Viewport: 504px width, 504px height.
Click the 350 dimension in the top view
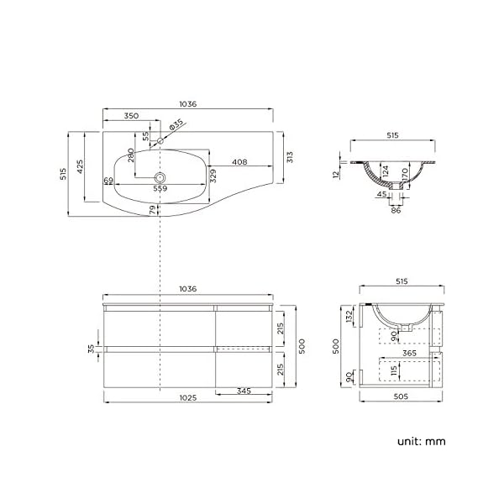point(131,117)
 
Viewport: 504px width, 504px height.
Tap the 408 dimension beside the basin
point(239,162)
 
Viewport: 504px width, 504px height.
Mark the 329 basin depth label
point(213,174)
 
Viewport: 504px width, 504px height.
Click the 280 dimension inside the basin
point(131,157)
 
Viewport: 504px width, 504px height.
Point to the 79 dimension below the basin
point(153,210)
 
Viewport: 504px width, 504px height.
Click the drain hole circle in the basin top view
point(159,177)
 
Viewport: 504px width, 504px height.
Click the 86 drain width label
point(396,209)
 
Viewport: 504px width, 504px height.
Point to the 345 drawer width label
point(243,391)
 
